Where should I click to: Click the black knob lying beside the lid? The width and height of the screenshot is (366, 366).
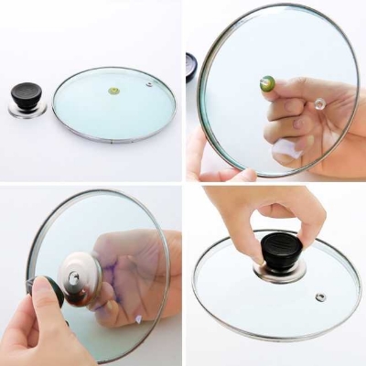click(x=27, y=97)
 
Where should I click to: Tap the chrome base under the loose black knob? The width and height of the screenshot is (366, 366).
click(x=27, y=111)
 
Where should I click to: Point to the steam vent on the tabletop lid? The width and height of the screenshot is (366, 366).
click(x=148, y=84)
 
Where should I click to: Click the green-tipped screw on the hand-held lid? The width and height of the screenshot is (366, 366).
click(x=268, y=83)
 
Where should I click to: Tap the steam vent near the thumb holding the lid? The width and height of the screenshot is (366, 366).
click(x=320, y=104)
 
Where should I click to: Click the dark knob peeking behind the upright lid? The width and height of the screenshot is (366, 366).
click(x=190, y=66)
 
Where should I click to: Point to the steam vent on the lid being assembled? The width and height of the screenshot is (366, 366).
click(x=320, y=296)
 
